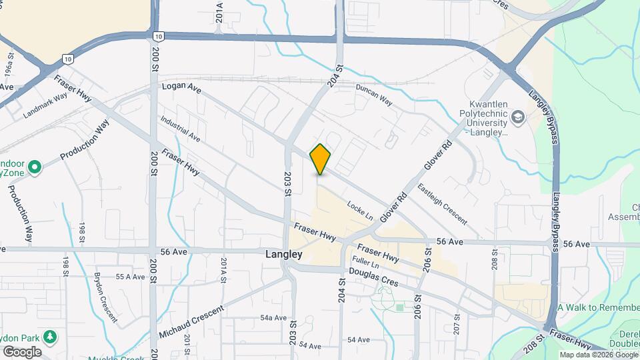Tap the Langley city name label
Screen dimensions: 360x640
pyautogui.click(x=283, y=255)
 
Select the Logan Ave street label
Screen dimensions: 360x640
pyautogui.click(x=181, y=88)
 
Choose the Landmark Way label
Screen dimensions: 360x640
pyautogui.click(x=45, y=105)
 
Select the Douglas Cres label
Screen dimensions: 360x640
pyautogui.click(x=373, y=277)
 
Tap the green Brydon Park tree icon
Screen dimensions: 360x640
pyautogui.click(x=49, y=335)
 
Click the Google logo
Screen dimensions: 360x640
pyautogui.click(x=22, y=351)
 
